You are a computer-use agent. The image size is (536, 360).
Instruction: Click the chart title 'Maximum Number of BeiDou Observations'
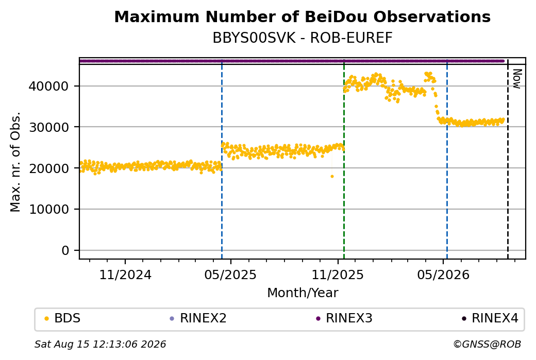click(x=302, y=16)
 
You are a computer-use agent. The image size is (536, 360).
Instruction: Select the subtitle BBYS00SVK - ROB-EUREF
click(x=302, y=38)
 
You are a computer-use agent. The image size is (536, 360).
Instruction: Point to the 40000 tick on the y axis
click(x=49, y=86)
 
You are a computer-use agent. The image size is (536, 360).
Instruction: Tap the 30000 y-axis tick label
click(x=49, y=127)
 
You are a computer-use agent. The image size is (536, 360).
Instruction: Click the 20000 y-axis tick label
click(x=49, y=168)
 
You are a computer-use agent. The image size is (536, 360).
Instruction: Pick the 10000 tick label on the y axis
click(x=49, y=210)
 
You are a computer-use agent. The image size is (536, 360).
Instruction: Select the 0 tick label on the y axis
click(x=65, y=250)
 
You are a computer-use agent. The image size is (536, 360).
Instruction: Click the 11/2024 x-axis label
click(x=125, y=275)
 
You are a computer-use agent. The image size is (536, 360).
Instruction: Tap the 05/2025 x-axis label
click(x=230, y=275)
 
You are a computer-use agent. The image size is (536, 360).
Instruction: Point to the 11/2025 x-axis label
click(x=338, y=275)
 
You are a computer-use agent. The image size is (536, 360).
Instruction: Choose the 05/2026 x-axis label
click(x=443, y=275)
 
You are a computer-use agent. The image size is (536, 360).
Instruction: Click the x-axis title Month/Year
click(x=303, y=293)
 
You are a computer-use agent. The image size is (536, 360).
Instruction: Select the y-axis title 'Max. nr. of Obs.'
click(x=15, y=162)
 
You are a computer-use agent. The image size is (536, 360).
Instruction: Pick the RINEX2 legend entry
click(x=198, y=318)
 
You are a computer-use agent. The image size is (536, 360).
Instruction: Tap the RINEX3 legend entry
click(x=344, y=318)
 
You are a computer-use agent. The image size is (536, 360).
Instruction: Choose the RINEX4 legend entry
click(x=490, y=318)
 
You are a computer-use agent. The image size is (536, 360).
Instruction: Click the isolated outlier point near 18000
click(x=332, y=176)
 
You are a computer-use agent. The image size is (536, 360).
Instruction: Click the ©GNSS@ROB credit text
click(x=487, y=344)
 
